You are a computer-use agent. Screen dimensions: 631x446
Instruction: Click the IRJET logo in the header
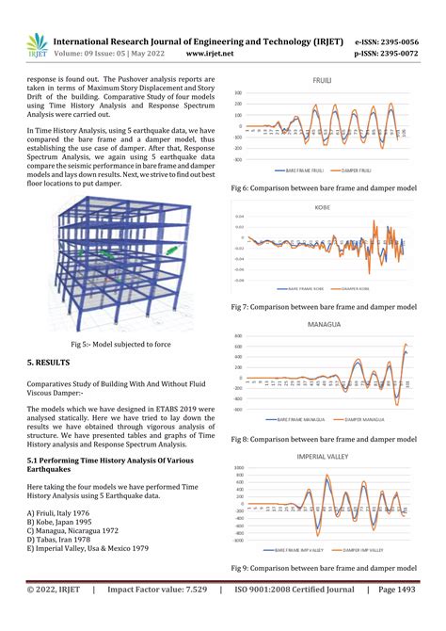click(x=35, y=45)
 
